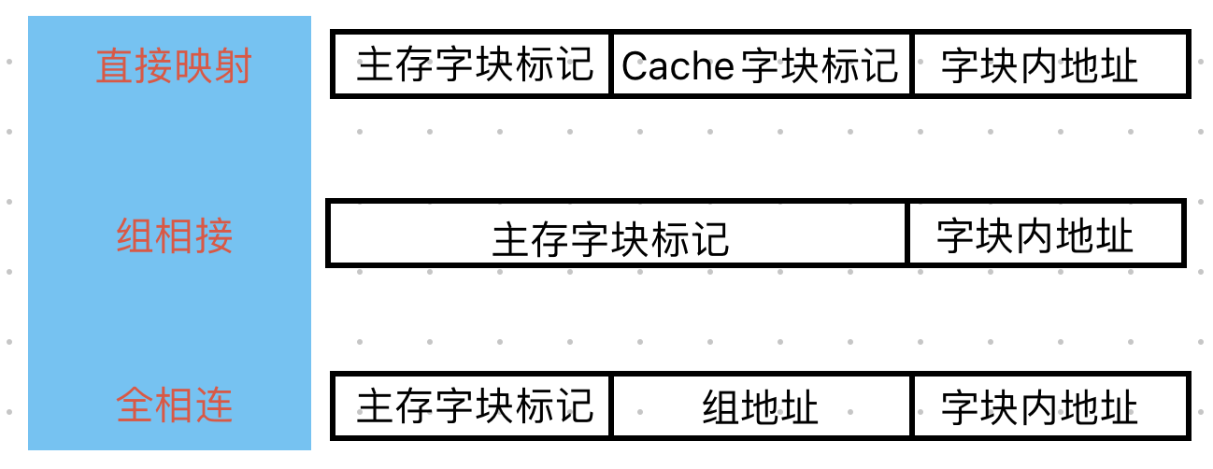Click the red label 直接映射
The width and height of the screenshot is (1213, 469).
[174, 66]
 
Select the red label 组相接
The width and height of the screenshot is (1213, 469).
[174, 235]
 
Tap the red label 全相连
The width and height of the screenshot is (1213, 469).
[174, 406]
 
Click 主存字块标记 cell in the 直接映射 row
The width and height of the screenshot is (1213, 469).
[474, 65]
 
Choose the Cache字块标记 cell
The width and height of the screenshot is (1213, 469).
[760, 65]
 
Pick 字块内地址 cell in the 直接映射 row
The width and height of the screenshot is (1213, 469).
[1039, 65]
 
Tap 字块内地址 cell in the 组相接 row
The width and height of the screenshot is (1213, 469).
[1035, 235]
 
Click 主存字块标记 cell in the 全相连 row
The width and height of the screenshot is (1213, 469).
[474, 406]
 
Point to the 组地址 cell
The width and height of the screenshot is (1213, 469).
[760, 407]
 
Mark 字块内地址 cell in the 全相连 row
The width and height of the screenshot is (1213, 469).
[1039, 406]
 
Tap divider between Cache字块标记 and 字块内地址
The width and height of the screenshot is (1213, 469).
[911, 64]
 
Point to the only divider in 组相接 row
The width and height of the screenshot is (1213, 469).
[906, 233]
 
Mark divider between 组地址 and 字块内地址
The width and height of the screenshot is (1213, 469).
[911, 405]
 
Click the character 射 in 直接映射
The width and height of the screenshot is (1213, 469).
[233, 66]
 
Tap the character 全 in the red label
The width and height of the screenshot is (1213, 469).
[136, 406]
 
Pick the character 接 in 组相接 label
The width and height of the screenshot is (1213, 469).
[213, 235]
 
